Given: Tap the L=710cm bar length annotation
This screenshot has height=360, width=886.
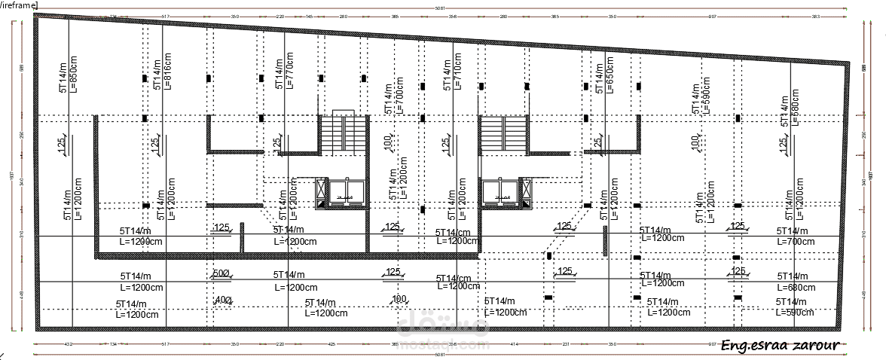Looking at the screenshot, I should (x=457, y=72).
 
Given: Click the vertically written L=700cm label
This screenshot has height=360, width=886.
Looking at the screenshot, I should (x=400, y=97).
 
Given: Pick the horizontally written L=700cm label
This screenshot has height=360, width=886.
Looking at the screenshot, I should (x=797, y=242).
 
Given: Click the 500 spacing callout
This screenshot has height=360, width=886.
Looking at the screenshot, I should (x=221, y=273).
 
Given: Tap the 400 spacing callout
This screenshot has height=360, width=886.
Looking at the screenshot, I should (x=222, y=300).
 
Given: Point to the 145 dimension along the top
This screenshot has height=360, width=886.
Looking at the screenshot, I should (x=310, y=16).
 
